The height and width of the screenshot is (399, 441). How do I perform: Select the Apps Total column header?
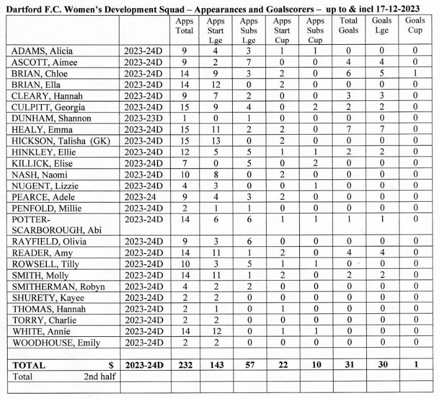click(184, 26)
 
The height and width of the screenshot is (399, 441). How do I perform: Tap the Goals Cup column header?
click(415, 26)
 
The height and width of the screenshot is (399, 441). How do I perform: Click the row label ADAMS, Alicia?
click(42, 51)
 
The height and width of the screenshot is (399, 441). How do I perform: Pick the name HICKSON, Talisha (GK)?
click(61, 141)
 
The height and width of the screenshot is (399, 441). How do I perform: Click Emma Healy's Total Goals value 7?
click(348, 130)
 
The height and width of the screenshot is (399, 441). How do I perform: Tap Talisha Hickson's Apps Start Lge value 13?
click(216, 141)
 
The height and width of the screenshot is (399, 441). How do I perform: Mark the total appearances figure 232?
click(184, 365)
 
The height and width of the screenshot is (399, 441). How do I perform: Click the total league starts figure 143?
click(216, 365)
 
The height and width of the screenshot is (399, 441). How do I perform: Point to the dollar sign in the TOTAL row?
click(111, 365)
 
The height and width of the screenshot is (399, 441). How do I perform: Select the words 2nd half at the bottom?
click(100, 376)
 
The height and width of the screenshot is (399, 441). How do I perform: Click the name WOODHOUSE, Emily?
click(56, 342)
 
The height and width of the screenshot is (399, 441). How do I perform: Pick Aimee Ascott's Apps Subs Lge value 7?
click(249, 62)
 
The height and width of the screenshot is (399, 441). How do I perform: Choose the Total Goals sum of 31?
click(348, 365)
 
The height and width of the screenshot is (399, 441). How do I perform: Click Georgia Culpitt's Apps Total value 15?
click(184, 107)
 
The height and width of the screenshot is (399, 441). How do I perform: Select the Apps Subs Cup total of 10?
click(315, 365)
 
